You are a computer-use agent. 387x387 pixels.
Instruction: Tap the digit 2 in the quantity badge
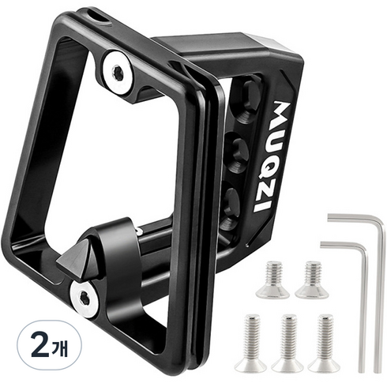pos(39,345)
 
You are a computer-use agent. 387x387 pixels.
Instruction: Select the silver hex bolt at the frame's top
pos(118,72)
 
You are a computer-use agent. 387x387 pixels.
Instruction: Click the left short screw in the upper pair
pos(272,280)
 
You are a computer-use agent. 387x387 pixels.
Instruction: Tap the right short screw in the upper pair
pos(312,280)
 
